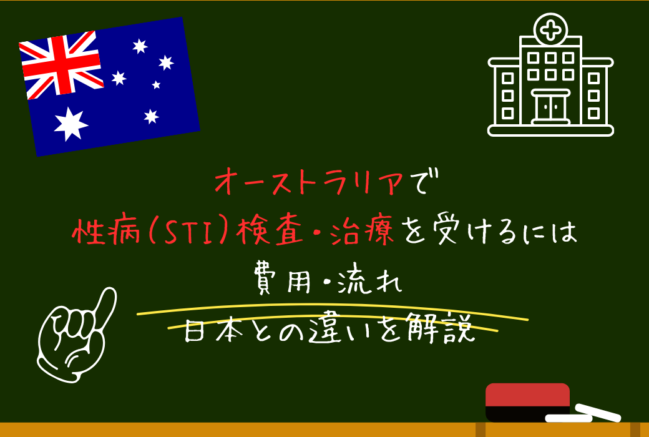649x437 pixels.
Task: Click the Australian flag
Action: (x=109, y=86)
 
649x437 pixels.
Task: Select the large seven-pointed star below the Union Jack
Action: (x=71, y=123)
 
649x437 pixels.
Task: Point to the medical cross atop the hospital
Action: (x=550, y=29)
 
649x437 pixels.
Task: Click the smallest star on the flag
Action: (x=156, y=84)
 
